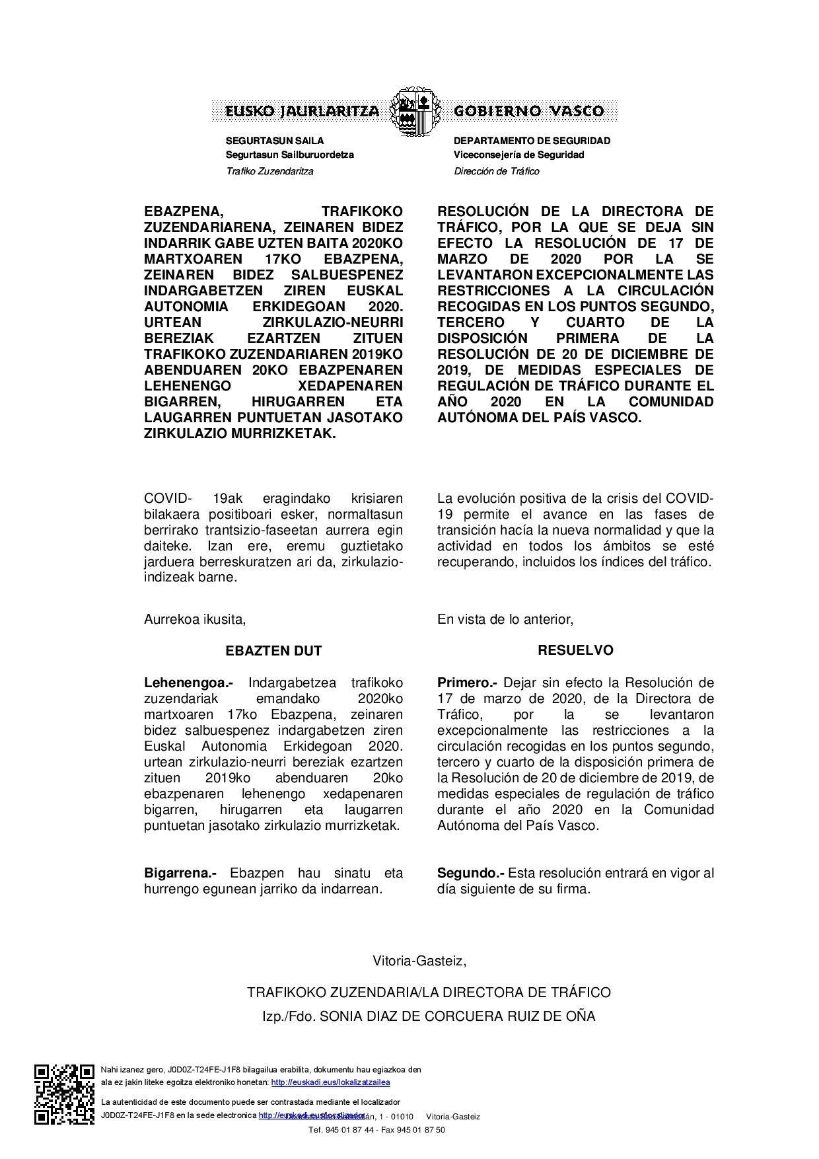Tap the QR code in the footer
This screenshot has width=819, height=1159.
click(x=65, y=1094)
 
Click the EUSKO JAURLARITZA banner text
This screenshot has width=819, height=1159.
click(x=303, y=111)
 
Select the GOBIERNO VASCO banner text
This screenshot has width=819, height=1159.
click(x=528, y=111)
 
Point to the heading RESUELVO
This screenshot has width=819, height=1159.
click(x=575, y=650)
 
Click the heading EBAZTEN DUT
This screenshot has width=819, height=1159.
click(x=273, y=651)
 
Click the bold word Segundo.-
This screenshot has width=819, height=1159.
click(x=470, y=873)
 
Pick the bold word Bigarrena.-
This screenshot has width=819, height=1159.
click(x=180, y=873)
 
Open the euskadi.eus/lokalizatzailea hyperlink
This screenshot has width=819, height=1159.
click(x=330, y=1082)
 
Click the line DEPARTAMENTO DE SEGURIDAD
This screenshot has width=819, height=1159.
click(x=532, y=141)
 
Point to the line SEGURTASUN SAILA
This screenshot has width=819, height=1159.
click(x=275, y=141)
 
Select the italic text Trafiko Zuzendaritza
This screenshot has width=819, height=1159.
click(x=269, y=171)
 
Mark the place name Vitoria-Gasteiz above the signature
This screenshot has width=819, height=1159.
click(x=419, y=961)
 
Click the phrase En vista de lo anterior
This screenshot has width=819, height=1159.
click(x=505, y=619)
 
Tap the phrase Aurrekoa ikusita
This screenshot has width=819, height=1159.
click(x=195, y=619)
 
